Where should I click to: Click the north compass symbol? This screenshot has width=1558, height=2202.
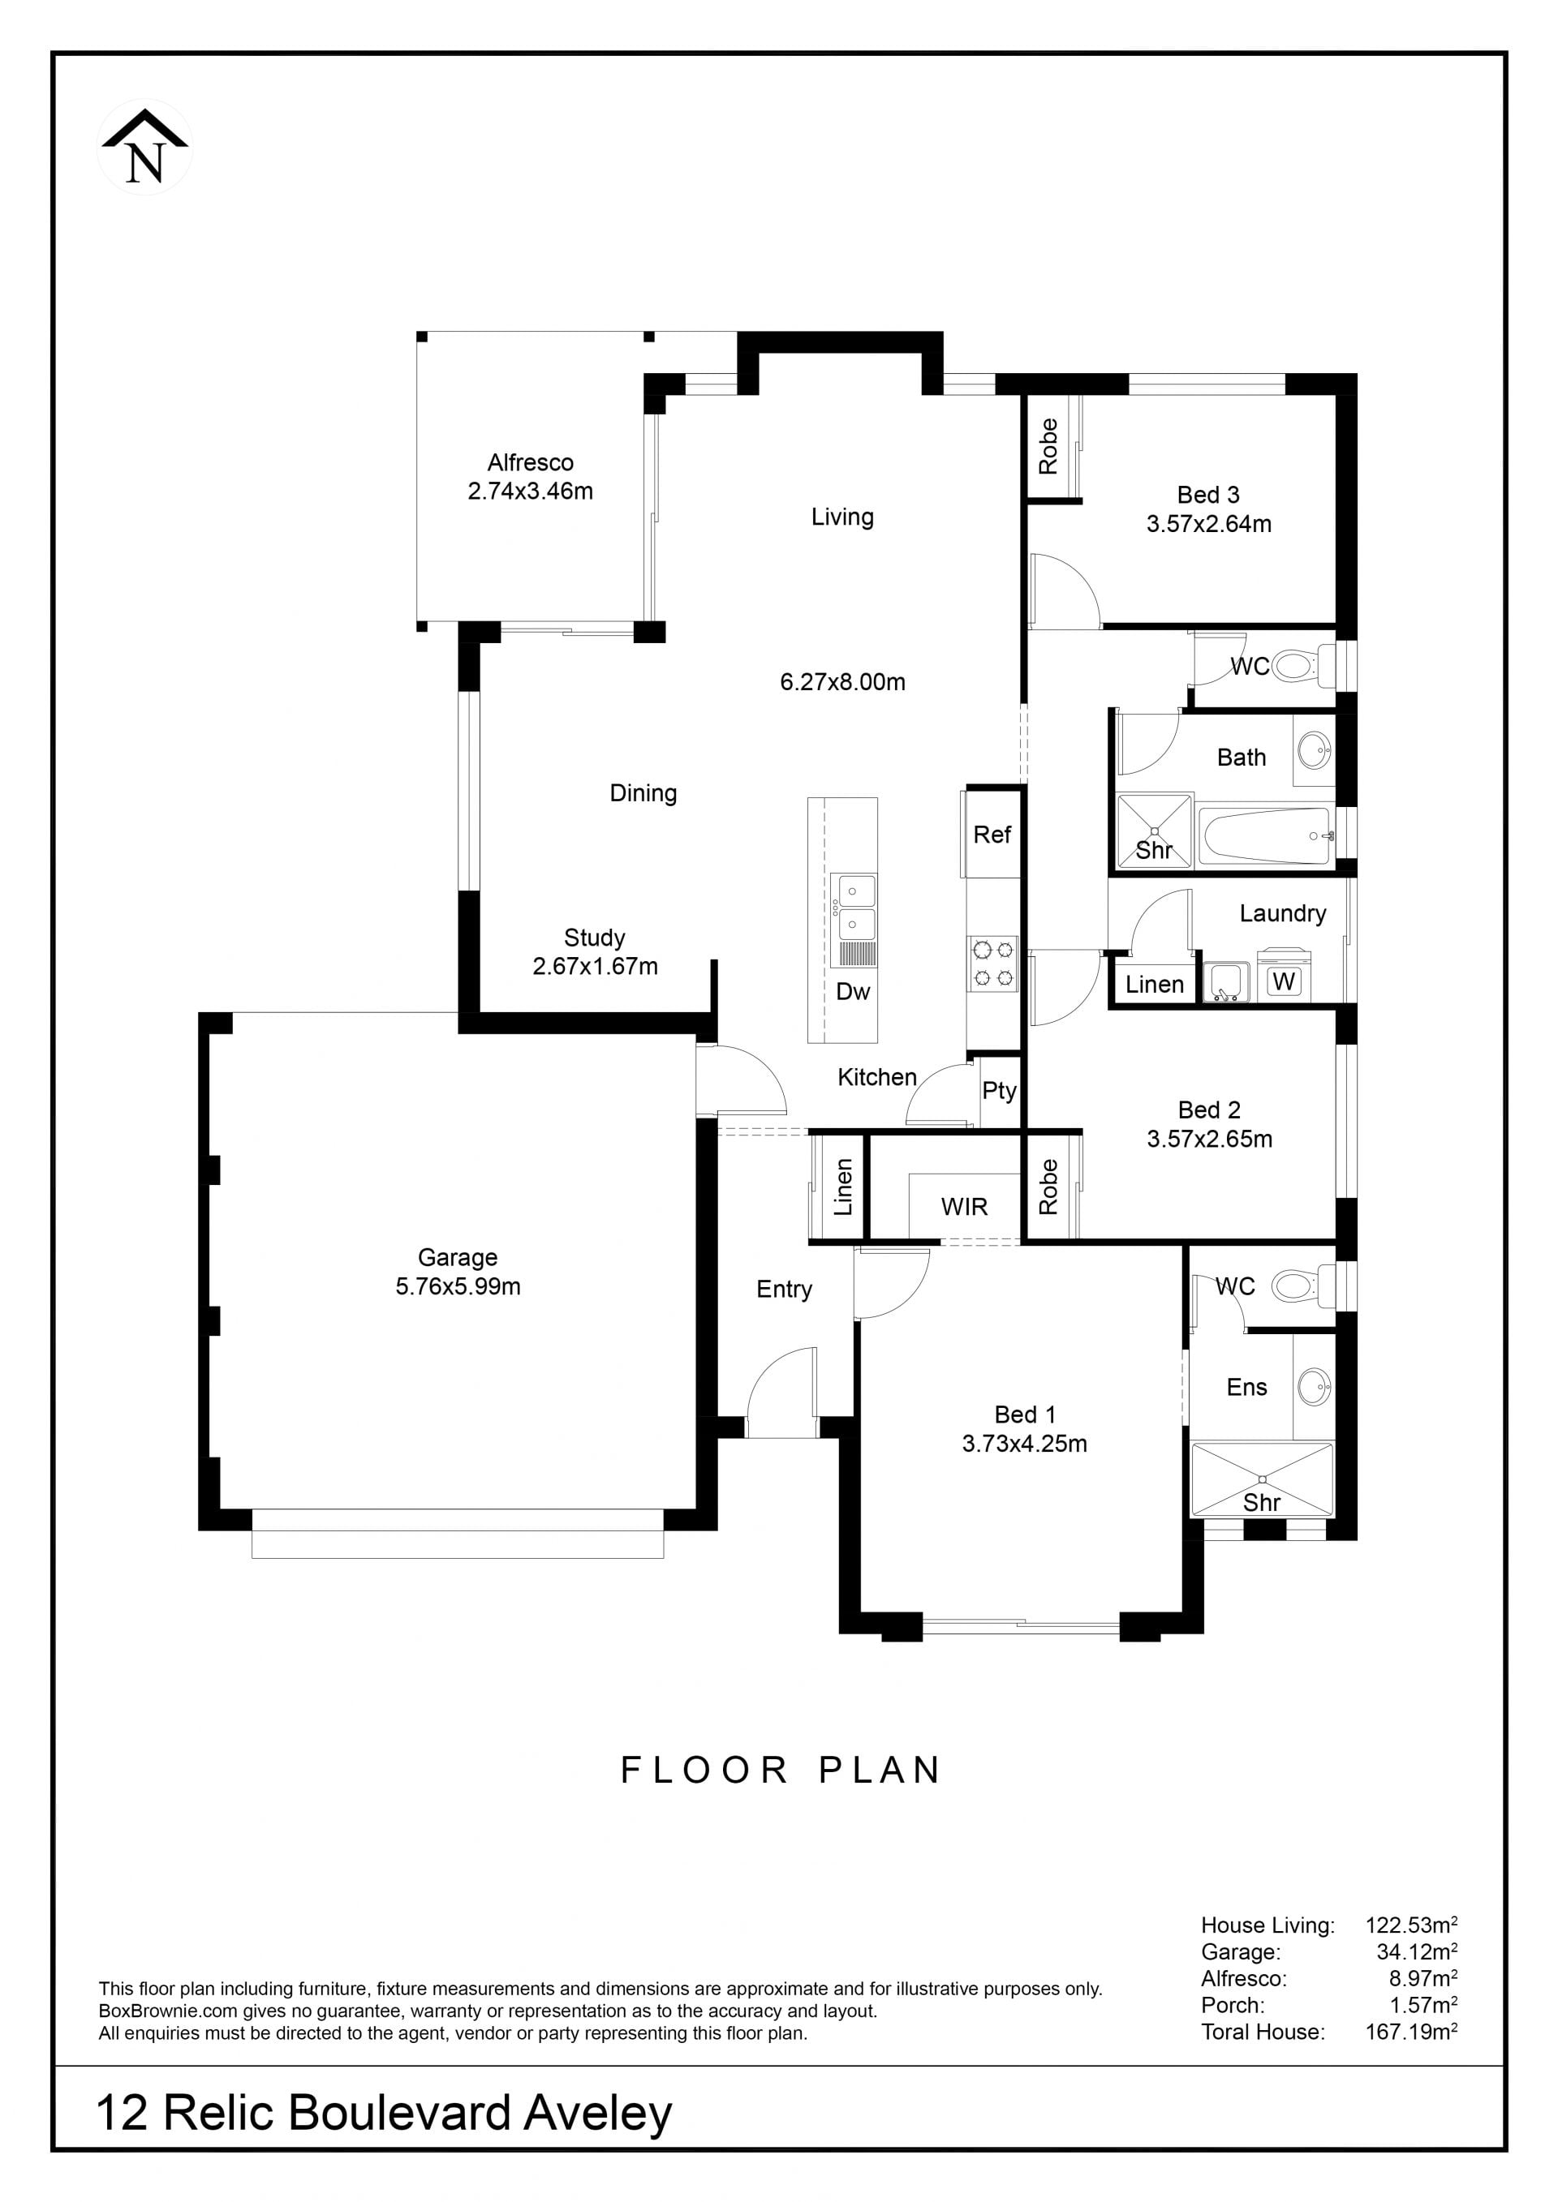145,147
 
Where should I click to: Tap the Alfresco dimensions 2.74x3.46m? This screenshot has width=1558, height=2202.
531,491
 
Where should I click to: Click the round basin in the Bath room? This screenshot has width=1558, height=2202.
1315,750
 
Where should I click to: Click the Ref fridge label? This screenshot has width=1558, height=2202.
992,835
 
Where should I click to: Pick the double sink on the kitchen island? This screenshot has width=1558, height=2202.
853,906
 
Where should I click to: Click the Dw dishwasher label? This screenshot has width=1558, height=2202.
853,992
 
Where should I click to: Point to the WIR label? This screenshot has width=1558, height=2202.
964,1207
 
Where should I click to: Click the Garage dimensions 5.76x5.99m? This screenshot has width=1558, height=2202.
458,1286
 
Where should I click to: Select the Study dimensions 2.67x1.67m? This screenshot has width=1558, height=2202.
595,966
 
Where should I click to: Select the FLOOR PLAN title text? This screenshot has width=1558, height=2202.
781,1771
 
